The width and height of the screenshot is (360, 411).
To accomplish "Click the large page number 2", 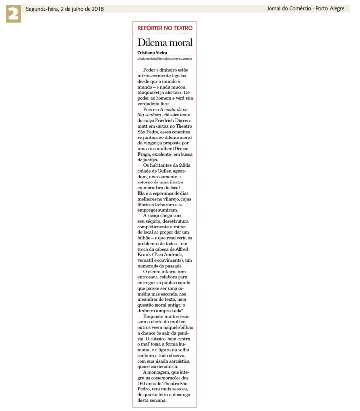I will coord(13,14).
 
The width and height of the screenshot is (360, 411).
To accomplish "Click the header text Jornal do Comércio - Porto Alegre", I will coord(306,9).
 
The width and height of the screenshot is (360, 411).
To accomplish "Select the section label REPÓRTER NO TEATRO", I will coord(164,28).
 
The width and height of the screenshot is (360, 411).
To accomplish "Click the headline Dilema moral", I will coord(165,42).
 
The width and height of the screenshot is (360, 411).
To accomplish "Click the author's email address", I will coord(164,58).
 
